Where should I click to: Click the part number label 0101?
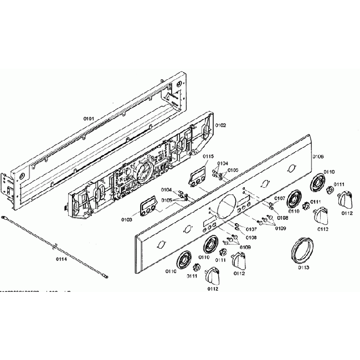[x=89, y=119]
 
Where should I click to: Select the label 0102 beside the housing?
[x=220, y=126]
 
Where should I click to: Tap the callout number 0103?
[x=126, y=220]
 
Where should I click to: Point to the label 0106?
[x=317, y=157]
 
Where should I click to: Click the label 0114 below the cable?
[x=61, y=259]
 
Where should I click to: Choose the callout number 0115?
[x=208, y=157]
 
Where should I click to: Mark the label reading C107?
[x=280, y=198]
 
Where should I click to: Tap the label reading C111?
[x=316, y=202]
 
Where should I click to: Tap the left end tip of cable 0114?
[x=3, y=219]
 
